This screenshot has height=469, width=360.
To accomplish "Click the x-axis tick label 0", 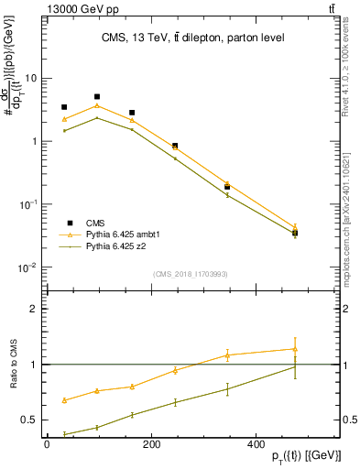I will tap(47, 443).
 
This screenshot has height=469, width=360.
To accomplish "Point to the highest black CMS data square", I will tap(97, 96).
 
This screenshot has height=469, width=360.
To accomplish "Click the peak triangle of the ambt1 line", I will tap(97, 105).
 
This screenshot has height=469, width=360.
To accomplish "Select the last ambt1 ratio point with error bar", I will tap(295, 348).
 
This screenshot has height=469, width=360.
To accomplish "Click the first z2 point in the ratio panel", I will tap(64, 434).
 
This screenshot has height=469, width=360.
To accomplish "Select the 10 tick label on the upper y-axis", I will tap(30, 78).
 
